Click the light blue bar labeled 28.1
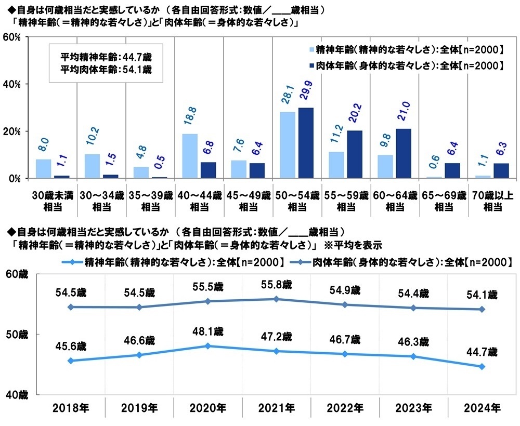click(x=287, y=145)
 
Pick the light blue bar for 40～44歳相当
click(x=190, y=156)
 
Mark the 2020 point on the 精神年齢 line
click(x=208, y=345)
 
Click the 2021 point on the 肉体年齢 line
click(x=276, y=299)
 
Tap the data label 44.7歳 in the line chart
click(x=482, y=352)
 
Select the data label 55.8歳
click(x=276, y=285)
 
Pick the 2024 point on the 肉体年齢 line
click(x=482, y=309)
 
